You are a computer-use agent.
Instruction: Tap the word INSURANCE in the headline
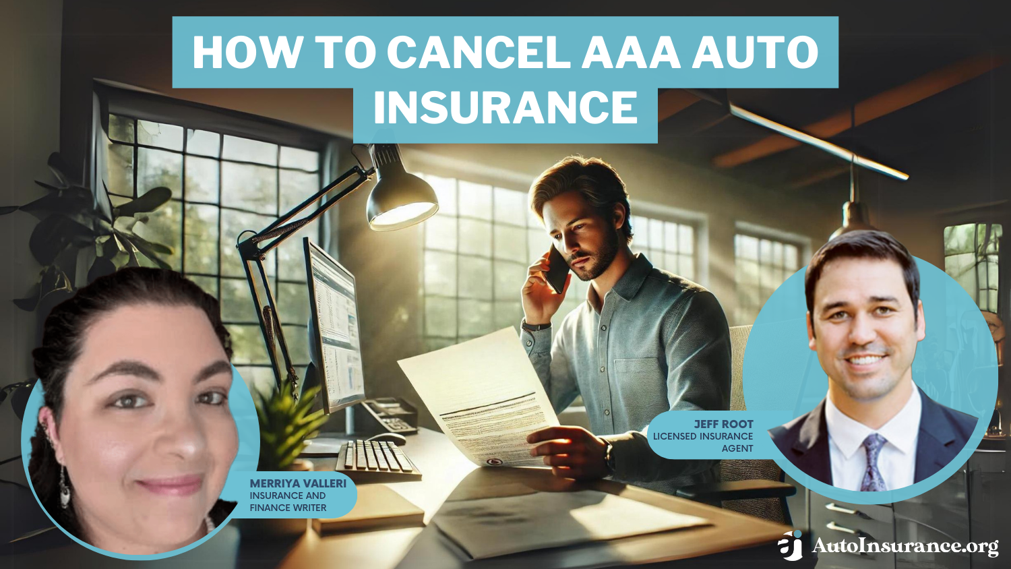505,108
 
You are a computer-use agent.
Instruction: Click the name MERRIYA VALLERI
297,483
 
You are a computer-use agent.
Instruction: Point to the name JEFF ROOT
723,424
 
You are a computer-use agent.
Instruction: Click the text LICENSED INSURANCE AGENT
703,442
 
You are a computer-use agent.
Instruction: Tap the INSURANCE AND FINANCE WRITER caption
288,502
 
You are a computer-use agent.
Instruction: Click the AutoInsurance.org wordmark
905,545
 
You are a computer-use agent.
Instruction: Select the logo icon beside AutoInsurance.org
790,545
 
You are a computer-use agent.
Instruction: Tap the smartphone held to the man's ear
557,268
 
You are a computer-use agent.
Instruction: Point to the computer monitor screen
334,324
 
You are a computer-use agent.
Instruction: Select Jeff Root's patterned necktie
874,462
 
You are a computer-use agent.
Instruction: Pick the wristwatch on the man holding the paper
609,455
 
